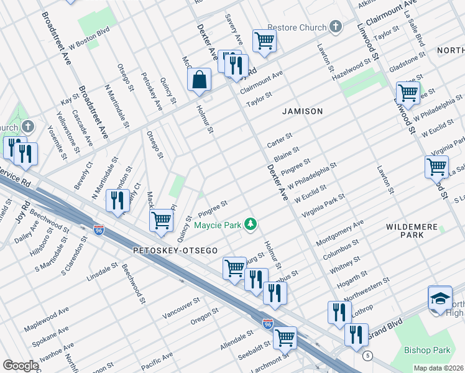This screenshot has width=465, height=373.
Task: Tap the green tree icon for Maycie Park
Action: tap(251, 224)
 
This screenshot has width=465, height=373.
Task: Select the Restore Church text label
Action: tap(297, 27)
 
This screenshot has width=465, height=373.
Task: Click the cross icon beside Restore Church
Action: tap(336, 27)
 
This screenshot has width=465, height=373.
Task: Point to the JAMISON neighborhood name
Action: tap(302, 111)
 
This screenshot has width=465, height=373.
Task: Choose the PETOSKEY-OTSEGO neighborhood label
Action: tap(175, 250)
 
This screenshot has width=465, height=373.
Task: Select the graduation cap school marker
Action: tap(440, 298)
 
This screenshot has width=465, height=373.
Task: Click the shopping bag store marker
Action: tap(199, 80)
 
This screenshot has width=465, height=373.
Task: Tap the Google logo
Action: tap(21, 366)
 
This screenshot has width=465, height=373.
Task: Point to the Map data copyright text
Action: tap(439, 368)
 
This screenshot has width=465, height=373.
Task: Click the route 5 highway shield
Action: tap(369, 355)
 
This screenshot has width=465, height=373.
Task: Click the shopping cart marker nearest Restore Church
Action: tap(264, 41)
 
